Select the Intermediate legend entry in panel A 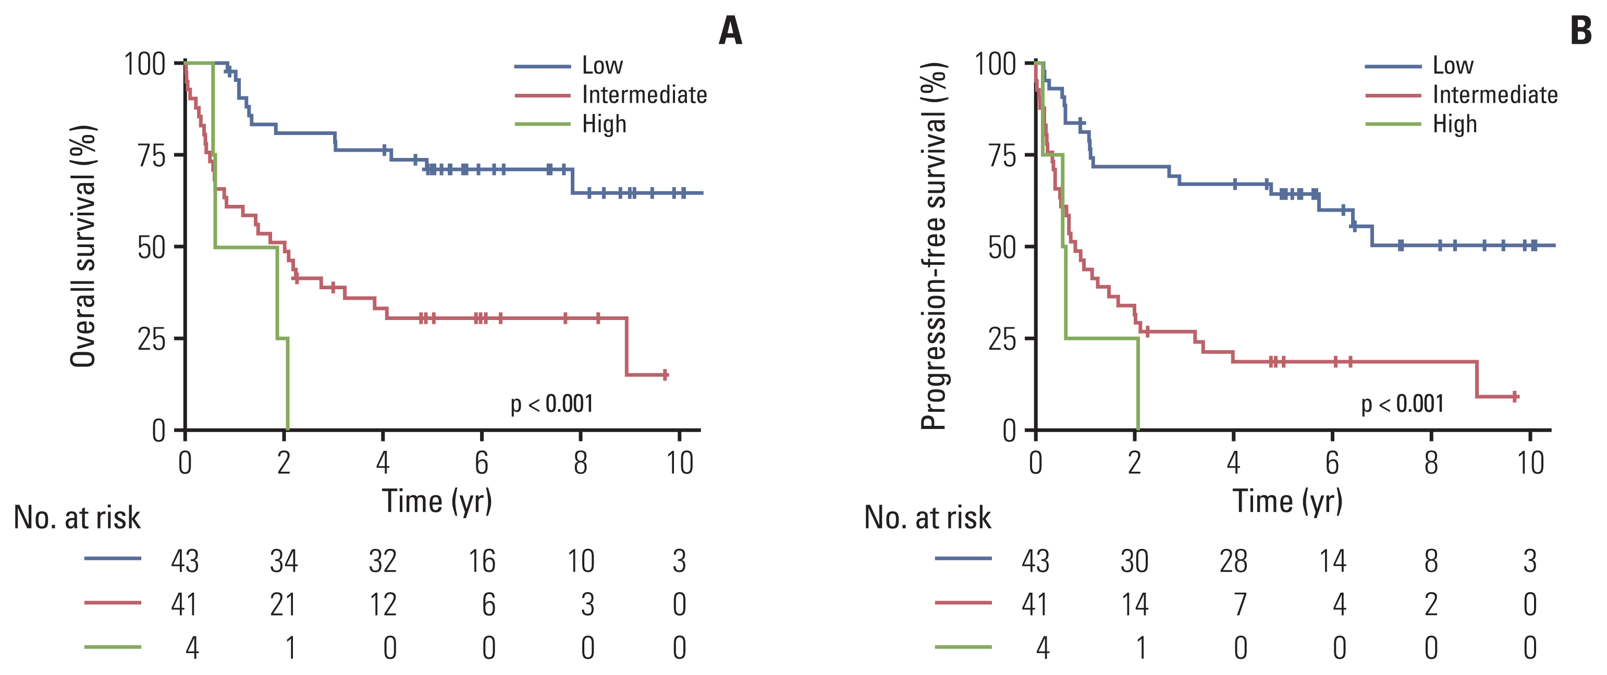coord(644,95)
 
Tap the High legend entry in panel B coord(1454,124)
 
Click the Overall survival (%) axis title coord(83,247)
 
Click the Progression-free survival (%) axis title coord(934,247)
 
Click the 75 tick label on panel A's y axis coord(152,155)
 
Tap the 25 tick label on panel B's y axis coord(1002,339)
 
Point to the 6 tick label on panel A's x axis coord(481,463)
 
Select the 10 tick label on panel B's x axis coord(1530,463)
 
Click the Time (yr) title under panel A coord(437,501)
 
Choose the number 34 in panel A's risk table coord(284,561)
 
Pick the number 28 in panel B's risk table coord(1233,561)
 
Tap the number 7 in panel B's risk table coord(1240,604)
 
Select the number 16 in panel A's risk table coord(482,561)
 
